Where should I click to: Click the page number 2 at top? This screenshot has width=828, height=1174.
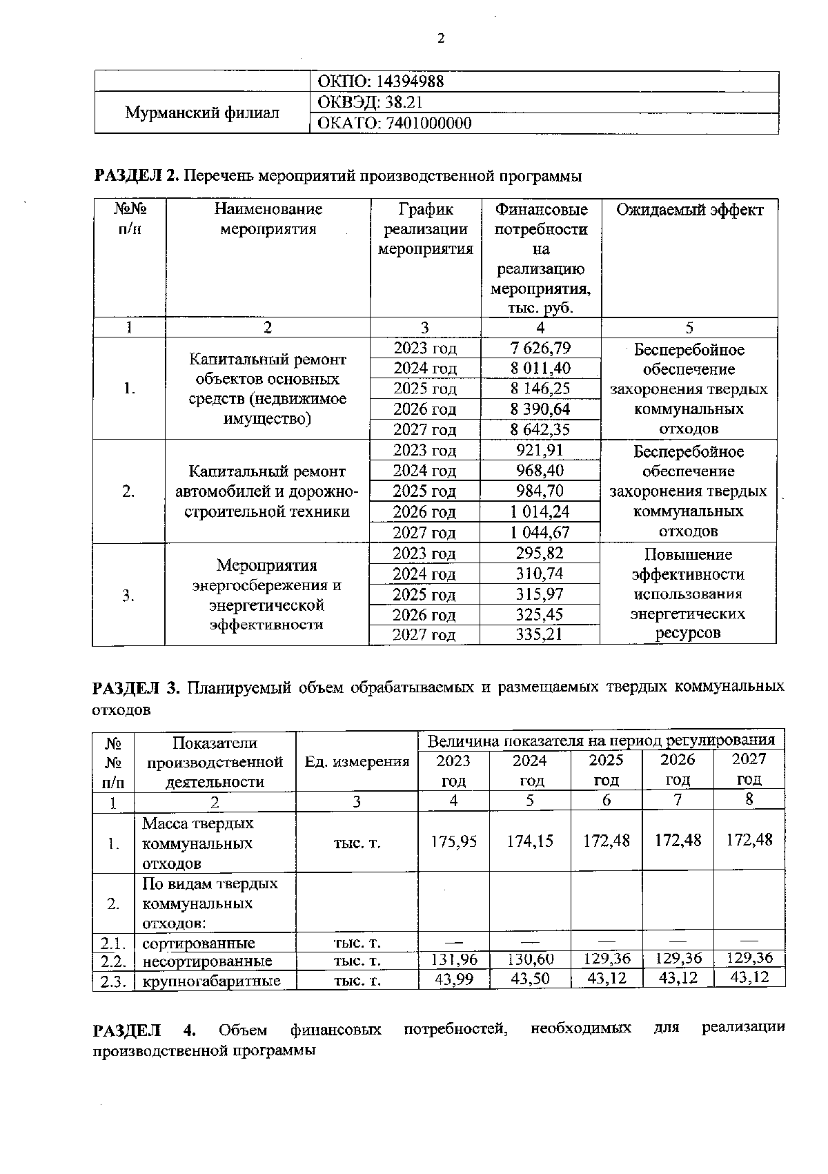click(440, 39)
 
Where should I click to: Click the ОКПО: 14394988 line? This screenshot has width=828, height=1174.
click(379, 81)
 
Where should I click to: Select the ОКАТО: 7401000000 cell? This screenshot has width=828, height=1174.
click(393, 124)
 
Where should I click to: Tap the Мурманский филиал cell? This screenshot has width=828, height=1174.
click(202, 112)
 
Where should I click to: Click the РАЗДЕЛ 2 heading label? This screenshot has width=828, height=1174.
click(136, 176)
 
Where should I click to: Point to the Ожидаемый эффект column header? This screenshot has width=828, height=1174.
click(689, 210)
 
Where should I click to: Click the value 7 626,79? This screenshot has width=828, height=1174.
click(540, 348)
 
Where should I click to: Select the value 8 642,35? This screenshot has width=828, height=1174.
click(540, 429)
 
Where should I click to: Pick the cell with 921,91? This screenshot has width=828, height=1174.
click(540, 450)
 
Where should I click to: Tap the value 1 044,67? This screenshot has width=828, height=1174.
click(540, 532)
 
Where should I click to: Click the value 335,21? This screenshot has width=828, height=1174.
click(540, 634)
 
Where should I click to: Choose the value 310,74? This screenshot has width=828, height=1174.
click(540, 574)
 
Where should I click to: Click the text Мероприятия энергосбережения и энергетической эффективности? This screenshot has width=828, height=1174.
click(266, 595)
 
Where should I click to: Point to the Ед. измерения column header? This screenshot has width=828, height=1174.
click(357, 761)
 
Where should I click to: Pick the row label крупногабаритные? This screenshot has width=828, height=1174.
click(211, 980)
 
